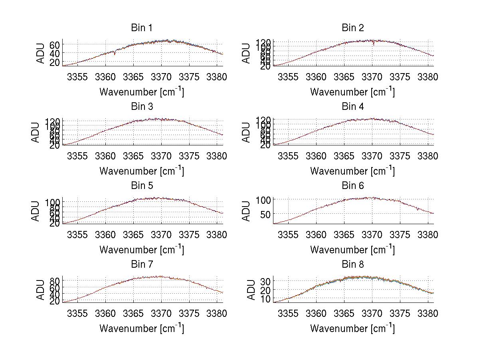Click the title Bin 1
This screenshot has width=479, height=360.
pyautogui.click(x=142, y=28)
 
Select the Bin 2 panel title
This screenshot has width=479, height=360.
pyautogui.click(x=353, y=28)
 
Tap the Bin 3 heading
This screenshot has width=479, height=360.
pyautogui.click(x=142, y=107)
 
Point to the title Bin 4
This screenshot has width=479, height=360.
pyautogui.click(x=353, y=107)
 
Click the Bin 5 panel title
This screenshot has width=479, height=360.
pyautogui.click(x=142, y=186)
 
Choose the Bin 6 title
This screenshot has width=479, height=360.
pyautogui.click(x=353, y=186)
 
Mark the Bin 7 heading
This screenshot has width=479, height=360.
pyautogui.click(x=142, y=265)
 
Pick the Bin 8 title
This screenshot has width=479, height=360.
pyautogui.click(x=353, y=265)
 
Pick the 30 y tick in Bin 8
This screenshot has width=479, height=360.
pyautogui.click(x=265, y=281)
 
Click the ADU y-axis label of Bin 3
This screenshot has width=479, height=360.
pyautogui.click(x=36, y=132)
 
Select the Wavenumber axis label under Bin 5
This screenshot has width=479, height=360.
pyautogui.click(x=142, y=250)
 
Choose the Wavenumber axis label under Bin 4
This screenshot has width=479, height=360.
pyautogui.click(x=353, y=171)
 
